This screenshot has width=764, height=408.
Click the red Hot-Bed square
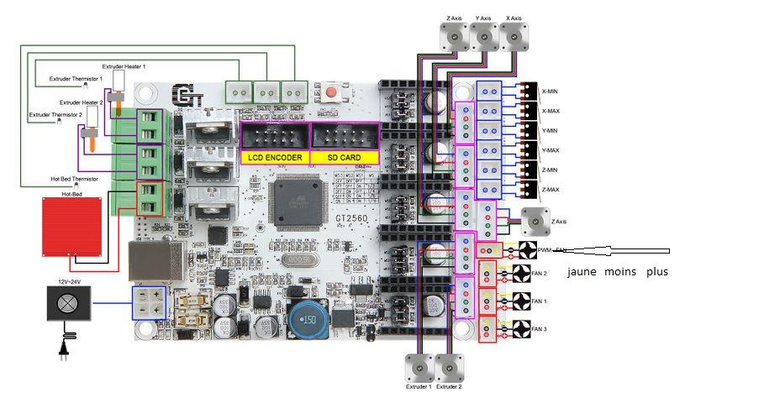tap(71, 226)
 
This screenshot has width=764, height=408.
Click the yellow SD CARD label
tap(339, 157)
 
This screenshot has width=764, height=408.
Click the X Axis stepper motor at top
tap(514, 36)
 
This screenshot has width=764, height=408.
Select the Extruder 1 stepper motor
tap(419, 366)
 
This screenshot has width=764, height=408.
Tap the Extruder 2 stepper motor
tap(449, 366)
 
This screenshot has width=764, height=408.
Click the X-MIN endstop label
tap(551, 92)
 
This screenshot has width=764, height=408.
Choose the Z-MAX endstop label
tap(551, 190)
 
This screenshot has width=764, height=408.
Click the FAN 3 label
tap(539, 330)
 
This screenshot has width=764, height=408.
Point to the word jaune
tap(582, 272)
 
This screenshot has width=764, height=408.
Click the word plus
tap(656, 272)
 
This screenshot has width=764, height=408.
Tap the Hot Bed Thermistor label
tap(74, 179)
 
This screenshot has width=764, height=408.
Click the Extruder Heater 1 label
tap(124, 65)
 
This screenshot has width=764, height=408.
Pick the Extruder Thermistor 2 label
tap(55, 113)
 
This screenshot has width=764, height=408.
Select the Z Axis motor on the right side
tap(534, 220)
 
